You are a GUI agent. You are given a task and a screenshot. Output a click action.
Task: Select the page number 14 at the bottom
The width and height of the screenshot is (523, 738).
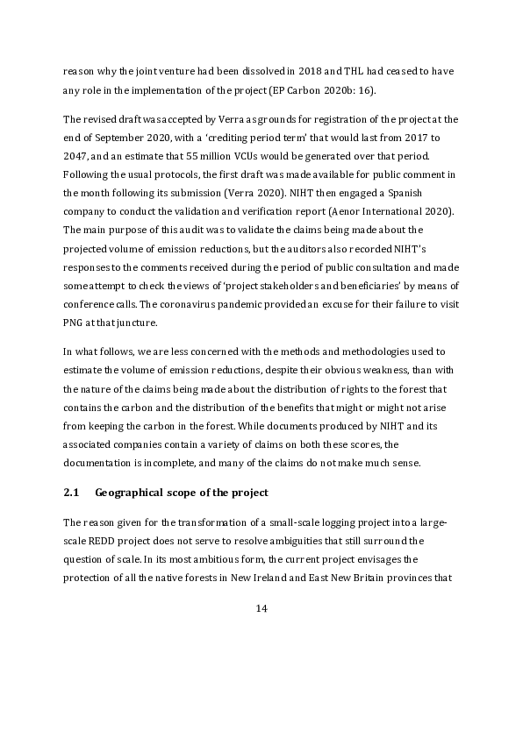(261, 609)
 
